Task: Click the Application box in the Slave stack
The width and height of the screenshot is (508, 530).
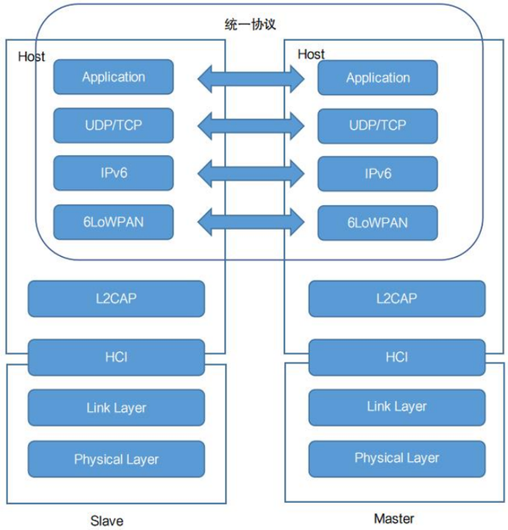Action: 113,77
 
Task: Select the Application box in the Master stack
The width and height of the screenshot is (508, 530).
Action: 378,78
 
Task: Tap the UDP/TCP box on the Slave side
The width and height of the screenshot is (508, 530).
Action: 113,126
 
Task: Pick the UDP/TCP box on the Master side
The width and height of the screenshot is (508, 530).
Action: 378,126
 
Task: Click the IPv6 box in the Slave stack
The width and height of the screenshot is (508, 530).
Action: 113,173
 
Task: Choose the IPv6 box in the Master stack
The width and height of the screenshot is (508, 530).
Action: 378,174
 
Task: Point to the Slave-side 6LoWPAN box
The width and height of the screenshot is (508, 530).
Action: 113,222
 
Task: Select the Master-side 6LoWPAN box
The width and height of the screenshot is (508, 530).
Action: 378,223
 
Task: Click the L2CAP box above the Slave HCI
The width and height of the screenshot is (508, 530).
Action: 116,298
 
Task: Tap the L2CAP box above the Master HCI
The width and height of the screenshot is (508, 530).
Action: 397,299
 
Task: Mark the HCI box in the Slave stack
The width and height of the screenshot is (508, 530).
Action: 116,357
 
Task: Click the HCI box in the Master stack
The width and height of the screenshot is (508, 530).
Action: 397,357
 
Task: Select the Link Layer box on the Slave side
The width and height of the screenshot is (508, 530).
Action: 116,408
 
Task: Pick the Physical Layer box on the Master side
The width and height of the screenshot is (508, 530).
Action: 397,458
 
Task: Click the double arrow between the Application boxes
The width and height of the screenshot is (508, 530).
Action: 251,79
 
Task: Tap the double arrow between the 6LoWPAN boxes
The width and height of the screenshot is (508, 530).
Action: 251,223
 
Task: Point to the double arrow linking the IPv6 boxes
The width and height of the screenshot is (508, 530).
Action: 251,175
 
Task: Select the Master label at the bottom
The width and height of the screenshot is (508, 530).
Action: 395,517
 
